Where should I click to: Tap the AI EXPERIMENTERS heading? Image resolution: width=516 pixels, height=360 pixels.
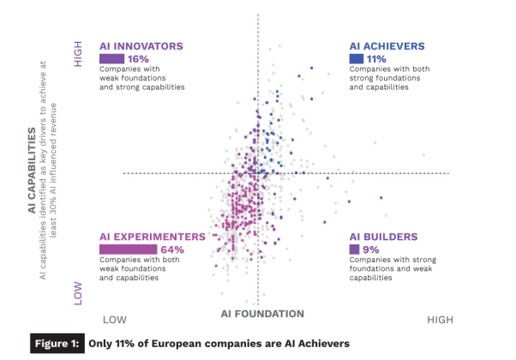[x=153, y=236]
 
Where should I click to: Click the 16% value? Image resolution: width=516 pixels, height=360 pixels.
[x=140, y=59]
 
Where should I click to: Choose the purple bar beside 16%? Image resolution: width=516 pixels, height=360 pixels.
[x=112, y=59]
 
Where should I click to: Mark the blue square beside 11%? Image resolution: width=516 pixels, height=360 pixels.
[x=356, y=59]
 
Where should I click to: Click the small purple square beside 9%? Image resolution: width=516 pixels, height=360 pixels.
[x=353, y=249]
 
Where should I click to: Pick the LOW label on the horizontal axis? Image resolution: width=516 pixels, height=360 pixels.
[x=116, y=319]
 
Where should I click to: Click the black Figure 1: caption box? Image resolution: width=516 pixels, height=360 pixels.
[x=59, y=343]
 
